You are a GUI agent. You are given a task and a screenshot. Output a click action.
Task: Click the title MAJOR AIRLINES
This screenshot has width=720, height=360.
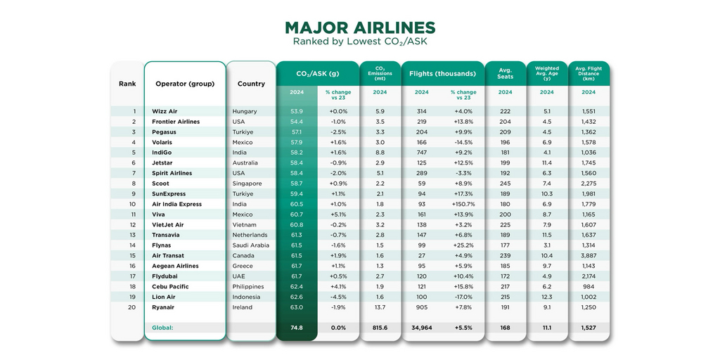click(359, 27)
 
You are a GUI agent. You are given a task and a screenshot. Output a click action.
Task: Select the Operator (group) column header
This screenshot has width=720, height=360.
click(184, 84)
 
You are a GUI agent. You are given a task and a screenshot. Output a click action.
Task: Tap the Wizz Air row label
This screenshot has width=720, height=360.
click(165, 111)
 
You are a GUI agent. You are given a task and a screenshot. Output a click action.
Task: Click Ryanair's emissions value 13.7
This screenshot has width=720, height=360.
click(380, 307)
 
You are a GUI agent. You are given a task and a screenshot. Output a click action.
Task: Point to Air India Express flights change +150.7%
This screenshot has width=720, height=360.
click(463, 204)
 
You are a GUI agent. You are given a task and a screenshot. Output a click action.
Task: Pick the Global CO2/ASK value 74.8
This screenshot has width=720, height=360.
click(296, 328)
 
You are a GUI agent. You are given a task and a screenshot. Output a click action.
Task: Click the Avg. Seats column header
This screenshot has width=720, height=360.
click(505, 74)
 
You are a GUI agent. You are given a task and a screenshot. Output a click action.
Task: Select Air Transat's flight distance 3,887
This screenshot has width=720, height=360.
click(589, 256)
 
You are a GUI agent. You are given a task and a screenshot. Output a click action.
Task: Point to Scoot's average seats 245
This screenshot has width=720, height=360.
click(505, 184)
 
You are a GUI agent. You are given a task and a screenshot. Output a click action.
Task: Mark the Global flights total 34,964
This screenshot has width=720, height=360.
click(422, 328)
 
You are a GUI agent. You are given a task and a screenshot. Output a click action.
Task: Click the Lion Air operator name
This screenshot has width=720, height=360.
click(165, 297)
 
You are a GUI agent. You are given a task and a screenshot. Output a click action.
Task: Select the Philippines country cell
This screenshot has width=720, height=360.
click(248, 287)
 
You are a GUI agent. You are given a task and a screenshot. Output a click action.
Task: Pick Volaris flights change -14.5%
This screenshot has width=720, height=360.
click(463, 142)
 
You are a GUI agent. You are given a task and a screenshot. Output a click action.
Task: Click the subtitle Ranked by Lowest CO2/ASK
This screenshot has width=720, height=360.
click(359, 41)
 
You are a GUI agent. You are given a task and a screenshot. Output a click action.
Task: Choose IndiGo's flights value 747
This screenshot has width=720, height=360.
click(422, 153)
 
